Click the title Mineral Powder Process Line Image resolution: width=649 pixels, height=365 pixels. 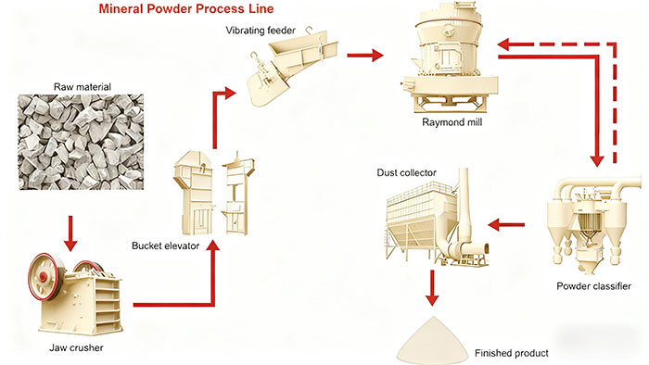[x=185, y=8]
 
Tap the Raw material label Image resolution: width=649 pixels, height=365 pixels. [x=83, y=87]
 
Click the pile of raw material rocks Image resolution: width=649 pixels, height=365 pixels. [x=81, y=142]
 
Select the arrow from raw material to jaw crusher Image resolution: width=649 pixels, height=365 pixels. [x=70, y=233]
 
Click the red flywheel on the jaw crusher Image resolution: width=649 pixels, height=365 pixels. [x=44, y=277]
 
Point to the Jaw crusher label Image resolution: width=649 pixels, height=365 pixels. [x=76, y=347]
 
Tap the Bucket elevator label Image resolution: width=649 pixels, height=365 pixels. [x=165, y=245]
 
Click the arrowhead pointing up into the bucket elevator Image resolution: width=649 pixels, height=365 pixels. [x=213, y=245]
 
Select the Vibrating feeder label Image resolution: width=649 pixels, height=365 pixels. [x=261, y=31]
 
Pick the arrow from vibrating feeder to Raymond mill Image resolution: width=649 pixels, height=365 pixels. [x=365, y=55]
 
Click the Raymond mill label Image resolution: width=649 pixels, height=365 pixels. [x=452, y=122]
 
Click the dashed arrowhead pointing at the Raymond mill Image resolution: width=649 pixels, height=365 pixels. [x=505, y=44]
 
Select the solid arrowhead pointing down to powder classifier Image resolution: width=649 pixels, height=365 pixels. [x=597, y=160]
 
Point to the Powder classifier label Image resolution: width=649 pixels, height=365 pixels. [x=593, y=286]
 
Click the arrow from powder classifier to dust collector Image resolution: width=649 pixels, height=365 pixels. [x=506, y=225]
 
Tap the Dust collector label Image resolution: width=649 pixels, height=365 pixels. [x=406, y=173]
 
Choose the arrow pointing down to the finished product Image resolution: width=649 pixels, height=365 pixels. [x=432, y=288]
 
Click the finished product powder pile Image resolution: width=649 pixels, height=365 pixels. [x=433, y=343]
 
